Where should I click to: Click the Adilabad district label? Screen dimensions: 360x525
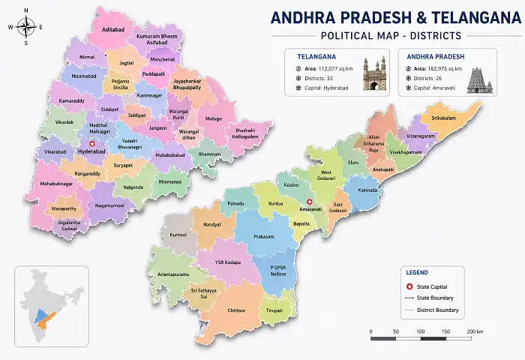[112, 30]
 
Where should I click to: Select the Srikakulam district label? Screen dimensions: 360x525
[443, 118]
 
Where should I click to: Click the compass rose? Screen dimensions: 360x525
[25, 27]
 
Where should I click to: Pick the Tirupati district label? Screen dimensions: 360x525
[274, 309]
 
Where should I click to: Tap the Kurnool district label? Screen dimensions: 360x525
[178, 235]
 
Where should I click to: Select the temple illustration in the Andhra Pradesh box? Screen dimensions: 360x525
[478, 76]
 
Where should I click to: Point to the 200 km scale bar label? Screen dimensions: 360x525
[474, 331]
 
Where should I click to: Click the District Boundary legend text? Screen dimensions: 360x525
[438, 310]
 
